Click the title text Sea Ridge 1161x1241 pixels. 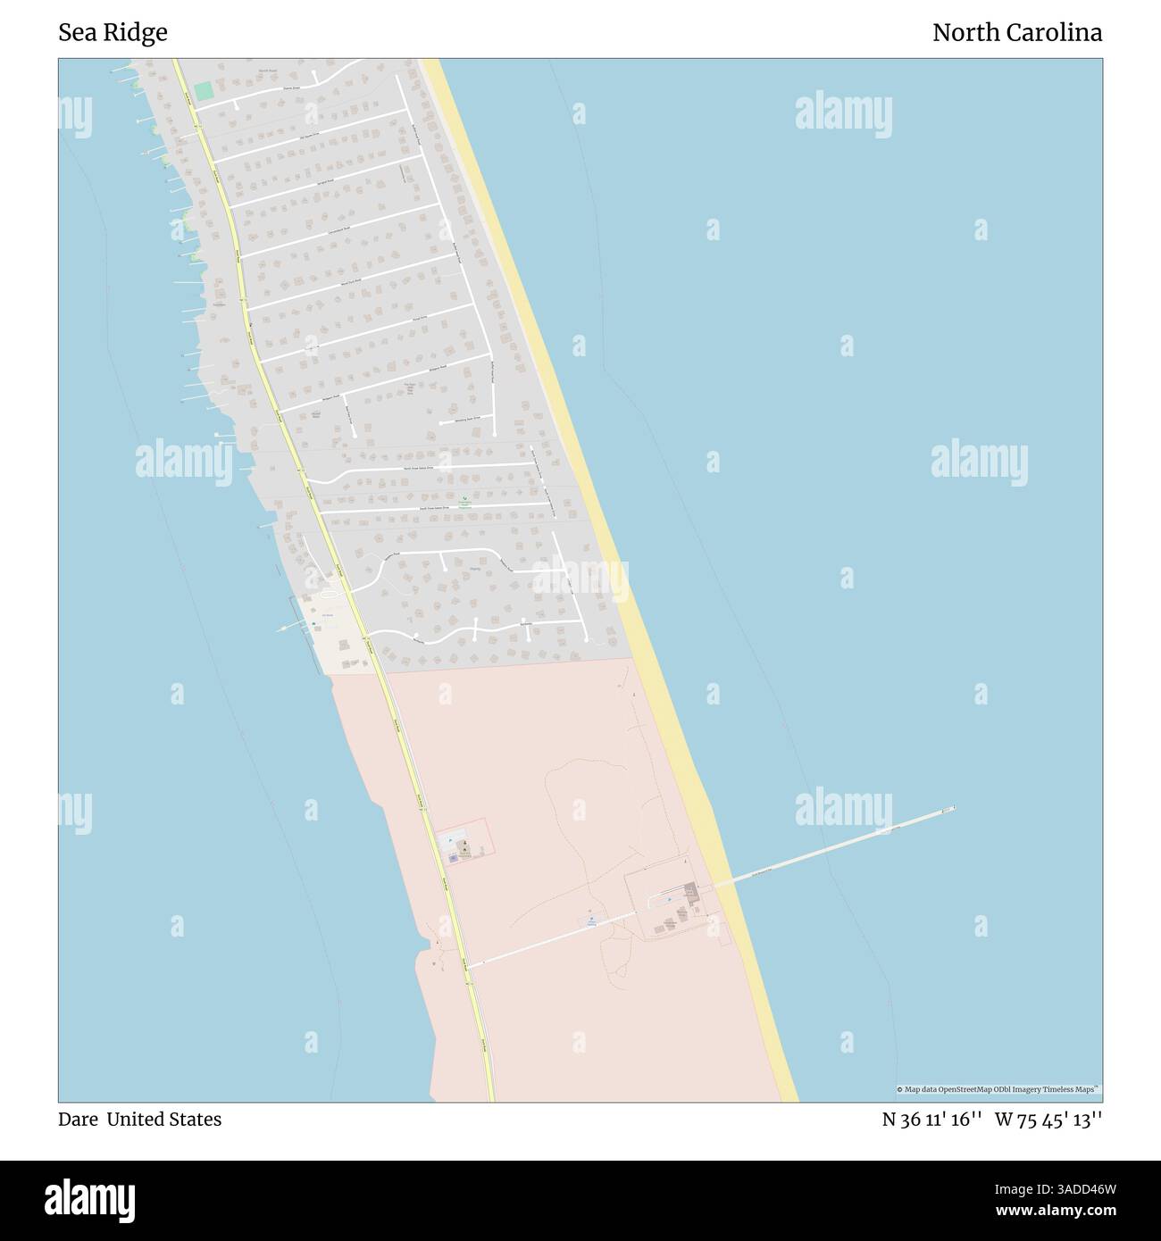click(113, 33)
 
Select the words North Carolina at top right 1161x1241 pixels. click(1016, 33)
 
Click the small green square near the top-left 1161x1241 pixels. click(204, 90)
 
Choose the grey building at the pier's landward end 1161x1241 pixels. click(690, 891)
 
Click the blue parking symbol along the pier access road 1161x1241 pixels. click(591, 919)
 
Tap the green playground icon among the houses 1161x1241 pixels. click(464, 499)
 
